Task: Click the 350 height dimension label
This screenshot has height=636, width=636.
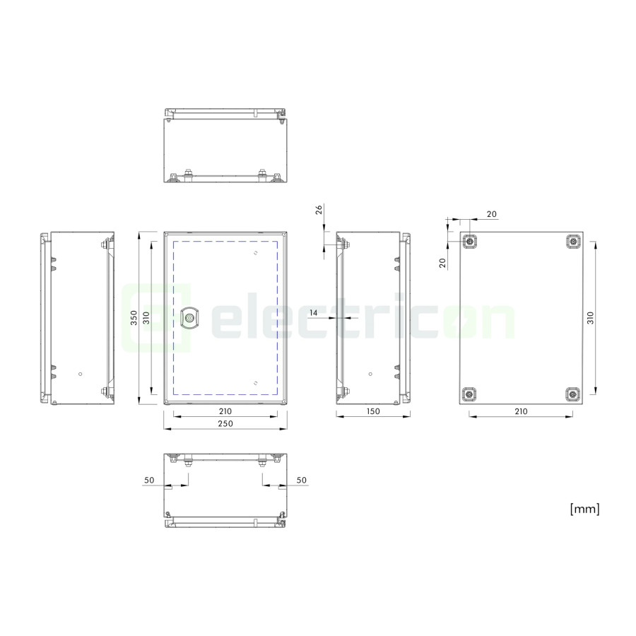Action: click(134, 317)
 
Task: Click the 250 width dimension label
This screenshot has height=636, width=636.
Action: click(225, 423)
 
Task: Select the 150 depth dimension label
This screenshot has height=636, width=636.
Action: click(373, 411)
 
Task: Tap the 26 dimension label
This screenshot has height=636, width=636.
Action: click(319, 209)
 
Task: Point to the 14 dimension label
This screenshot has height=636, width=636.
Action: click(314, 313)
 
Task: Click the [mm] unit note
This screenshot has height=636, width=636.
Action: click(584, 509)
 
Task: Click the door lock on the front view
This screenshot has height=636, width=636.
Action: click(189, 318)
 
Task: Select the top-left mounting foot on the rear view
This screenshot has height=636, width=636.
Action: click(470, 242)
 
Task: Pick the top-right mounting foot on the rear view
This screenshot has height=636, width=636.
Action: click(573, 242)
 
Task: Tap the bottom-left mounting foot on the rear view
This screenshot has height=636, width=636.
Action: click(470, 394)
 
